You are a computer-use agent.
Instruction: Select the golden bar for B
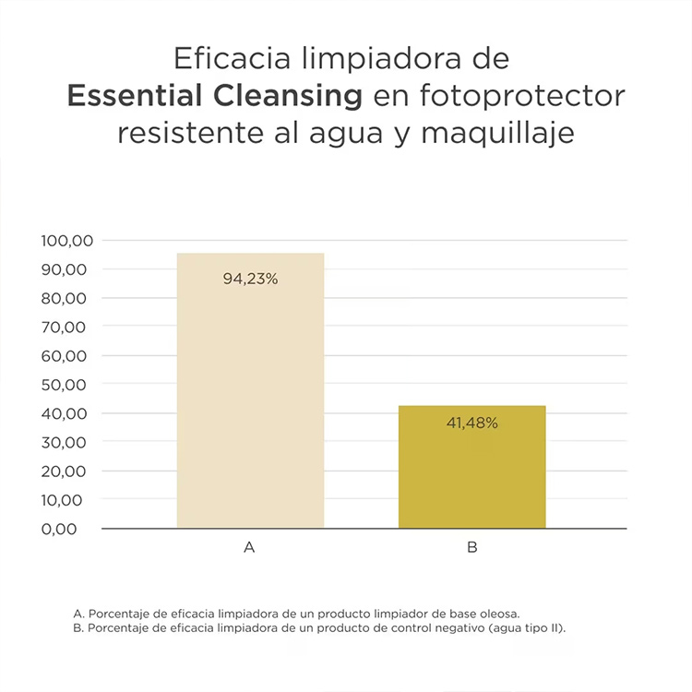[x=471, y=471]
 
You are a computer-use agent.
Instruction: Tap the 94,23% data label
[x=250, y=278]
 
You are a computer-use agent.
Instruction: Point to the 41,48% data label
[x=471, y=424]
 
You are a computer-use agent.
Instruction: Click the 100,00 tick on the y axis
[x=67, y=241]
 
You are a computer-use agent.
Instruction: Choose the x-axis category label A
[x=249, y=547]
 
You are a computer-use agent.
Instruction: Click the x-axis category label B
[x=471, y=547]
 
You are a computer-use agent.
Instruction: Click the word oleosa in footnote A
[x=499, y=613]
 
